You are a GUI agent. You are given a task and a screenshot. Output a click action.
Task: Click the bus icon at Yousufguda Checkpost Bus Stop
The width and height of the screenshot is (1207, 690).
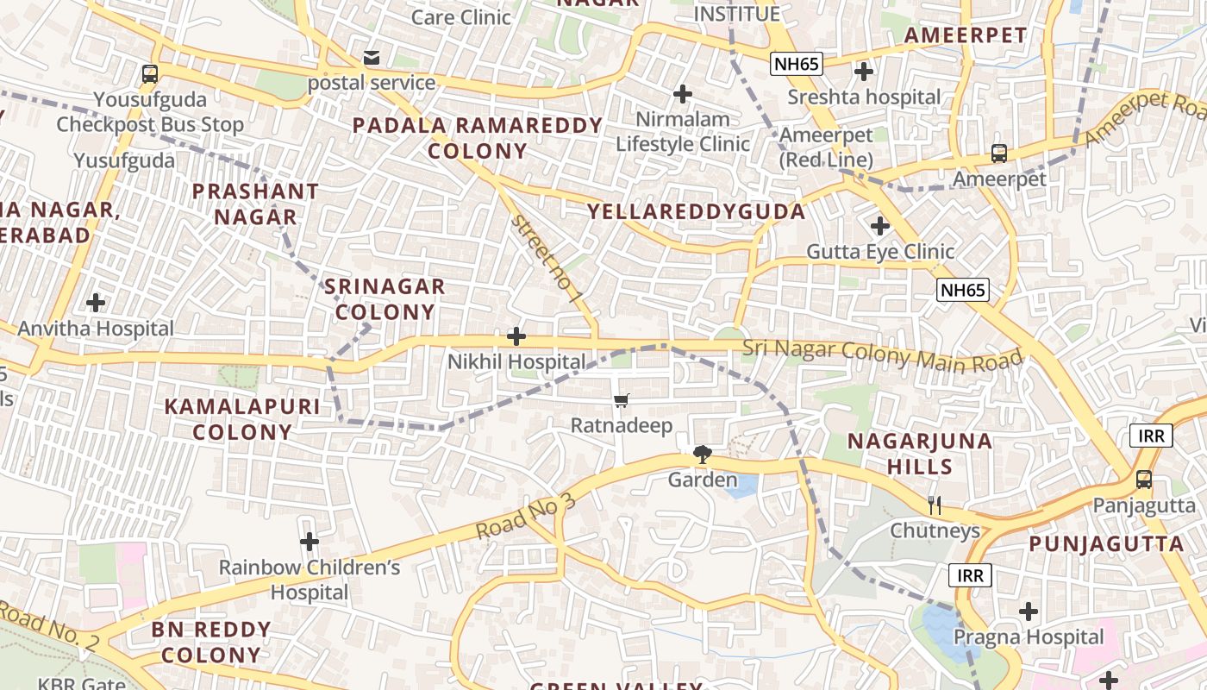150,74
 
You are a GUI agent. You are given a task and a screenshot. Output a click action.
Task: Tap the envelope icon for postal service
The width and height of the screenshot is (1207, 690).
372,58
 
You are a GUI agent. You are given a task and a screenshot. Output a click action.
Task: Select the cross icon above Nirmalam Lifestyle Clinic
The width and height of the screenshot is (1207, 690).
683,93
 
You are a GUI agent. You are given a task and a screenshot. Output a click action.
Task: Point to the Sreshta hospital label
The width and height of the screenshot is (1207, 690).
864,97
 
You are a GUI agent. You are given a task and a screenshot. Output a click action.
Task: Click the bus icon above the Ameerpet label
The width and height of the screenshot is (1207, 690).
998,154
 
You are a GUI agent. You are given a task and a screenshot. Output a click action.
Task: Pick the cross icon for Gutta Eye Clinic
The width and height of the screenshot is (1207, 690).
879,226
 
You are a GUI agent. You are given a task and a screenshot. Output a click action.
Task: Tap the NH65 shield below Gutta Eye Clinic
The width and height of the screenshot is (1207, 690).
962,290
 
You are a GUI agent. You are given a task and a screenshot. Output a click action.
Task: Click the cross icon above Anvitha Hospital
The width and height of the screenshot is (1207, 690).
96,303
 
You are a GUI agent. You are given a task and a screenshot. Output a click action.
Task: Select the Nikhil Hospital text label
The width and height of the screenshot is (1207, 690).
516,361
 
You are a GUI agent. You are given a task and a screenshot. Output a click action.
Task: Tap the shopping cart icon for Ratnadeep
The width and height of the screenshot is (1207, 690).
621,400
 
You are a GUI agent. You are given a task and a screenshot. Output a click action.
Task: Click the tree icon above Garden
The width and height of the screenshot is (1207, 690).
703,454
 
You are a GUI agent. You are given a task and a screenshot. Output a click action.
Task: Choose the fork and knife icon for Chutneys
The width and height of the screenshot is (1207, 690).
935,505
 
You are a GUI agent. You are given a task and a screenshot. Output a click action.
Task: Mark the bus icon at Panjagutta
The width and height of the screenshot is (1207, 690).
1143,480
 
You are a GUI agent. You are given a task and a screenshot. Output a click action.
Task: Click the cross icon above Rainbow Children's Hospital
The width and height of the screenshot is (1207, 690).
309,542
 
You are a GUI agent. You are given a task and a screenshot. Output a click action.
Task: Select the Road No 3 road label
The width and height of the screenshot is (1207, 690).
525,517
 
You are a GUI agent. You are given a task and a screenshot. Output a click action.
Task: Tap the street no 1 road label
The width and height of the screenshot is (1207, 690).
547,260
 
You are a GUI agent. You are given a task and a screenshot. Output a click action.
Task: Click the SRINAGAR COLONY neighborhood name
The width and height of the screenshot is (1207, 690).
385,298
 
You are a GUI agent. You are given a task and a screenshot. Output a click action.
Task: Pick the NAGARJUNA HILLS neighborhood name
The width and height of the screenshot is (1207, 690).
919,454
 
